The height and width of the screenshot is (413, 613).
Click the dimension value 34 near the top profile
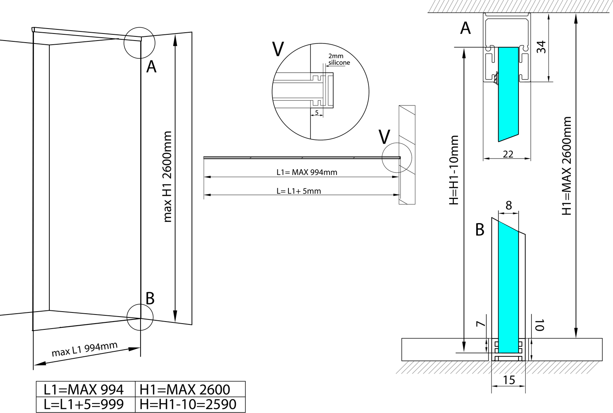[541, 47]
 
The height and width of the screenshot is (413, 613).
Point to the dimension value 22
[508, 154]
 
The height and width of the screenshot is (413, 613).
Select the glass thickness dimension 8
[509, 205]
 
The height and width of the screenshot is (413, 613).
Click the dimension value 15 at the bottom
[509, 380]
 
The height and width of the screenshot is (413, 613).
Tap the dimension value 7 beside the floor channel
[481, 324]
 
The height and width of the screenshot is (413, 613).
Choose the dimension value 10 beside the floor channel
[539, 325]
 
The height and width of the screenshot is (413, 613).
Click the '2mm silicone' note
[339, 59]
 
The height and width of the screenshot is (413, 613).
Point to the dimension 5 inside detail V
[317, 112]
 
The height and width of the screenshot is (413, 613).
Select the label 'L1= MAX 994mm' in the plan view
[307, 172]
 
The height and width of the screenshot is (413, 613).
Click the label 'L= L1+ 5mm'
[298, 191]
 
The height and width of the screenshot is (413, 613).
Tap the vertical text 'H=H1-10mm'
[454, 170]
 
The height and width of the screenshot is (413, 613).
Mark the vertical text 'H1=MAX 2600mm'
[567, 166]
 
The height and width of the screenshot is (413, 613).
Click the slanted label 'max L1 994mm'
[85, 349]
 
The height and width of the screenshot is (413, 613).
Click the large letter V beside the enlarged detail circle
[278, 49]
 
